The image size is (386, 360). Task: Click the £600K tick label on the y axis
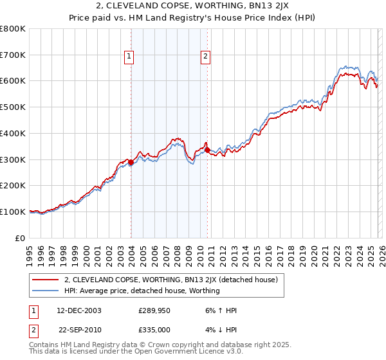click(13, 81)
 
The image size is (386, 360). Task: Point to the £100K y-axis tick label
click(13, 212)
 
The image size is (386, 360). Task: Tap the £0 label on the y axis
click(20, 238)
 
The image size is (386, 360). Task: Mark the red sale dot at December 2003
click(131, 162)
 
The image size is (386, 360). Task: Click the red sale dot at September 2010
click(207, 150)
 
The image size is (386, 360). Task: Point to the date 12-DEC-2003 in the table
click(78, 310)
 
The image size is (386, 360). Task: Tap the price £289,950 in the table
click(154, 310)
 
